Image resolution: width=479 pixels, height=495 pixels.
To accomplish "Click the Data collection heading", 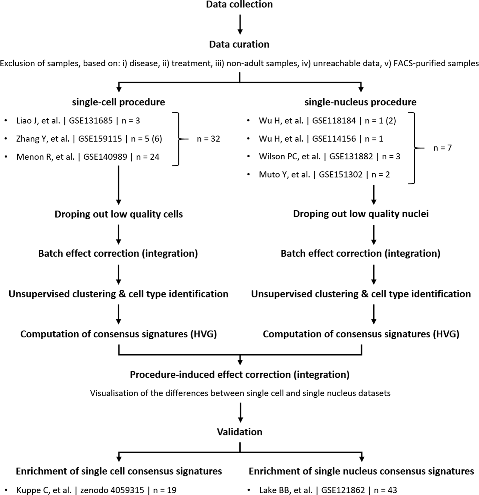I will pos(239,5).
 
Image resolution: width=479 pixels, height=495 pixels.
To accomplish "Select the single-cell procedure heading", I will pos(118,102).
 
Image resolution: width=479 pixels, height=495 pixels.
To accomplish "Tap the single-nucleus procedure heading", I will pos(360,102).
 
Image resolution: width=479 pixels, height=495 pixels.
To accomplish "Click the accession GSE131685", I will pos(91,121).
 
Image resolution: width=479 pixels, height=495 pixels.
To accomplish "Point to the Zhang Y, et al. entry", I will pos(43,139).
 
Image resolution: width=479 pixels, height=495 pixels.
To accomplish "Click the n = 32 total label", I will pos(208,139).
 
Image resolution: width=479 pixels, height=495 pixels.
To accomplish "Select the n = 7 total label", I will pos(442,148).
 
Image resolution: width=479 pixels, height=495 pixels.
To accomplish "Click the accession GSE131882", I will pos(351,157).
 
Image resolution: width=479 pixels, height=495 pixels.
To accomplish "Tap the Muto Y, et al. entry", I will pos(284,175).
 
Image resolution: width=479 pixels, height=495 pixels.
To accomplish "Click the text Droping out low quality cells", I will pos(119,214).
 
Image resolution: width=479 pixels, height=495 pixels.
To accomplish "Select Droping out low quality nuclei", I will pos(361,214).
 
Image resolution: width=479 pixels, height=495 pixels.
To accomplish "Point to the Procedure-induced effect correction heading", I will pos(240,374).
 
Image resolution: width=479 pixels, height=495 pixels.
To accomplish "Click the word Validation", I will pos(240,432).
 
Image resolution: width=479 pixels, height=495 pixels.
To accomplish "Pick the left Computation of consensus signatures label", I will pos(119,334).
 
